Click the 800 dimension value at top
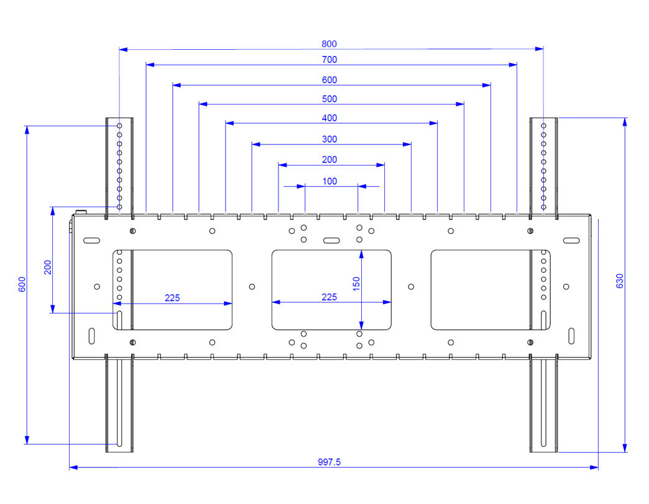329,44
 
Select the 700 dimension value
329,60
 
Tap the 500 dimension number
329,99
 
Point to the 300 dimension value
329,139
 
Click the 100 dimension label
329,181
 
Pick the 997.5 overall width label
329,462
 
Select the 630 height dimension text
620,281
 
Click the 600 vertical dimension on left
22,285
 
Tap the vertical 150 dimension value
356,284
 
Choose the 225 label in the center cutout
329,297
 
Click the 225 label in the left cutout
172,298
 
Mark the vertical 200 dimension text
48,267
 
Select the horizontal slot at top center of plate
331,240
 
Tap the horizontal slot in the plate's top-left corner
91,240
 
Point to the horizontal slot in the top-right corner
571,240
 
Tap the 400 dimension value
329,118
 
